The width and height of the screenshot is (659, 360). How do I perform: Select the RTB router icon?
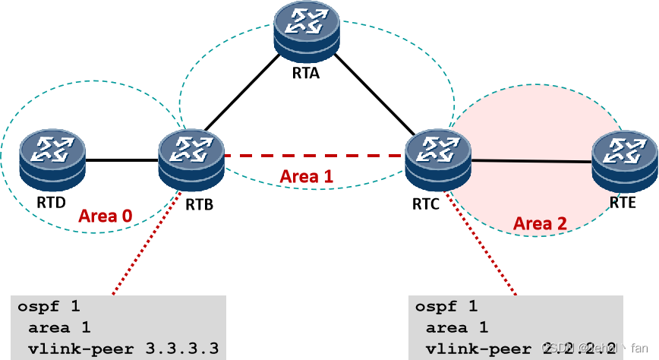pyautogui.click(x=192, y=157)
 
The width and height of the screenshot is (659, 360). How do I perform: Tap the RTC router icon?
pyautogui.click(x=438, y=157)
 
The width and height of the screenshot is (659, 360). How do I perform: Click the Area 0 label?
pyautogui.click(x=106, y=216)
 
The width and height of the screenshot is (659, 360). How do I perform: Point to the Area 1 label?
pyautogui.click(x=307, y=176)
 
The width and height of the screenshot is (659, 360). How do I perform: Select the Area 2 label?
pyautogui.click(x=540, y=223)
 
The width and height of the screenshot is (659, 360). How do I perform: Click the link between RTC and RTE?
pyautogui.click(x=531, y=160)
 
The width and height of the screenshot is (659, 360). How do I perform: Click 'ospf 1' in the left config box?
pyautogui.click(x=49, y=307)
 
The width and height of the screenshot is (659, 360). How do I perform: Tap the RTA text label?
pyautogui.click(x=306, y=74)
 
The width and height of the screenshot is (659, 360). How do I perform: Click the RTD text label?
pyautogui.click(x=52, y=203)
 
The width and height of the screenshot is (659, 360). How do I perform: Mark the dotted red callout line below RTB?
pyautogui.click(x=148, y=243)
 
